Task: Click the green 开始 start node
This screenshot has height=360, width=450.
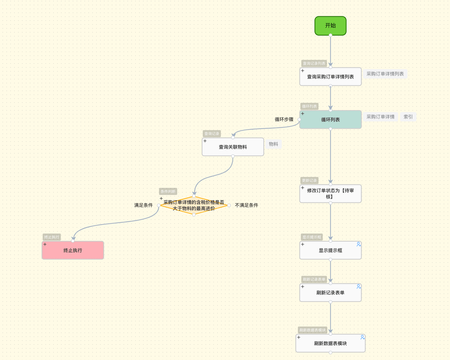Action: click(330, 26)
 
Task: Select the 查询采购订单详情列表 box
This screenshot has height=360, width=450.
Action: click(330, 77)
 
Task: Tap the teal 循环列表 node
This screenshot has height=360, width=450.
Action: click(330, 120)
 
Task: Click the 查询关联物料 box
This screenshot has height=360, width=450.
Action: click(233, 147)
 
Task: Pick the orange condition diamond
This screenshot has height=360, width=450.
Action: click(194, 205)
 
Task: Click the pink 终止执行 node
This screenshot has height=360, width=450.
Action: click(73, 250)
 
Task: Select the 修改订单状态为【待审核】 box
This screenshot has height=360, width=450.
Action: click(330, 194)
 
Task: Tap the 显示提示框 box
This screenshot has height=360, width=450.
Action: click(330, 250)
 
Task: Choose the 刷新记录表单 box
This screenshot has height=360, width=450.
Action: click(330, 293)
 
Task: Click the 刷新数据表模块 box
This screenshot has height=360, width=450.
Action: click(330, 343)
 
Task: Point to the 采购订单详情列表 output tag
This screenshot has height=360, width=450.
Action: click(385, 74)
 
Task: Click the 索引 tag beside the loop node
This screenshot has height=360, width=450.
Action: click(408, 117)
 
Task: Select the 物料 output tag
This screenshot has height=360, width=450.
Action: click(273, 144)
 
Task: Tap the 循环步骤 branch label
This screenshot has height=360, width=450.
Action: click(284, 119)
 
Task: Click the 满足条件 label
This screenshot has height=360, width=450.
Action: click(143, 205)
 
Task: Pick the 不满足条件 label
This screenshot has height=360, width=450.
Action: click(247, 205)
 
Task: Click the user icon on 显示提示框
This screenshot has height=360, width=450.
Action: click(359, 244)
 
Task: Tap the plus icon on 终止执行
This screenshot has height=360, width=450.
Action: click(45, 244)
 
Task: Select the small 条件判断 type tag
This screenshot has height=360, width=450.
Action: click(168, 192)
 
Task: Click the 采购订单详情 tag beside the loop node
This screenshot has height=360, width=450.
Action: click(380, 117)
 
